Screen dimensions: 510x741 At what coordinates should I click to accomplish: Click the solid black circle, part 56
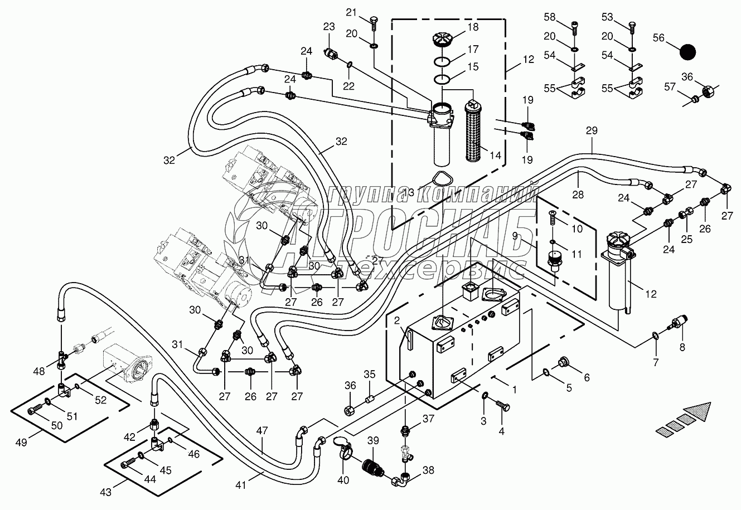[688, 52]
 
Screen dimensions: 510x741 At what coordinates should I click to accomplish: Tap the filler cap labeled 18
[444, 41]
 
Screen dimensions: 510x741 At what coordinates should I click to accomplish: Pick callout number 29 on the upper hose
[592, 130]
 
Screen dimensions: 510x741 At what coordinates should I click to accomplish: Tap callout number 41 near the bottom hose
[240, 485]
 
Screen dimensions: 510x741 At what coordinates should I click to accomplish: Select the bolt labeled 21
[373, 23]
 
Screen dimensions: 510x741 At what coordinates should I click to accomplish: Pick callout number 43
[106, 492]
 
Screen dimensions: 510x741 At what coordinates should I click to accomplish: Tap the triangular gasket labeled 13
[441, 182]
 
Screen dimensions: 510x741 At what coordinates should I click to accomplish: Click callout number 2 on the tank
[396, 320]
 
